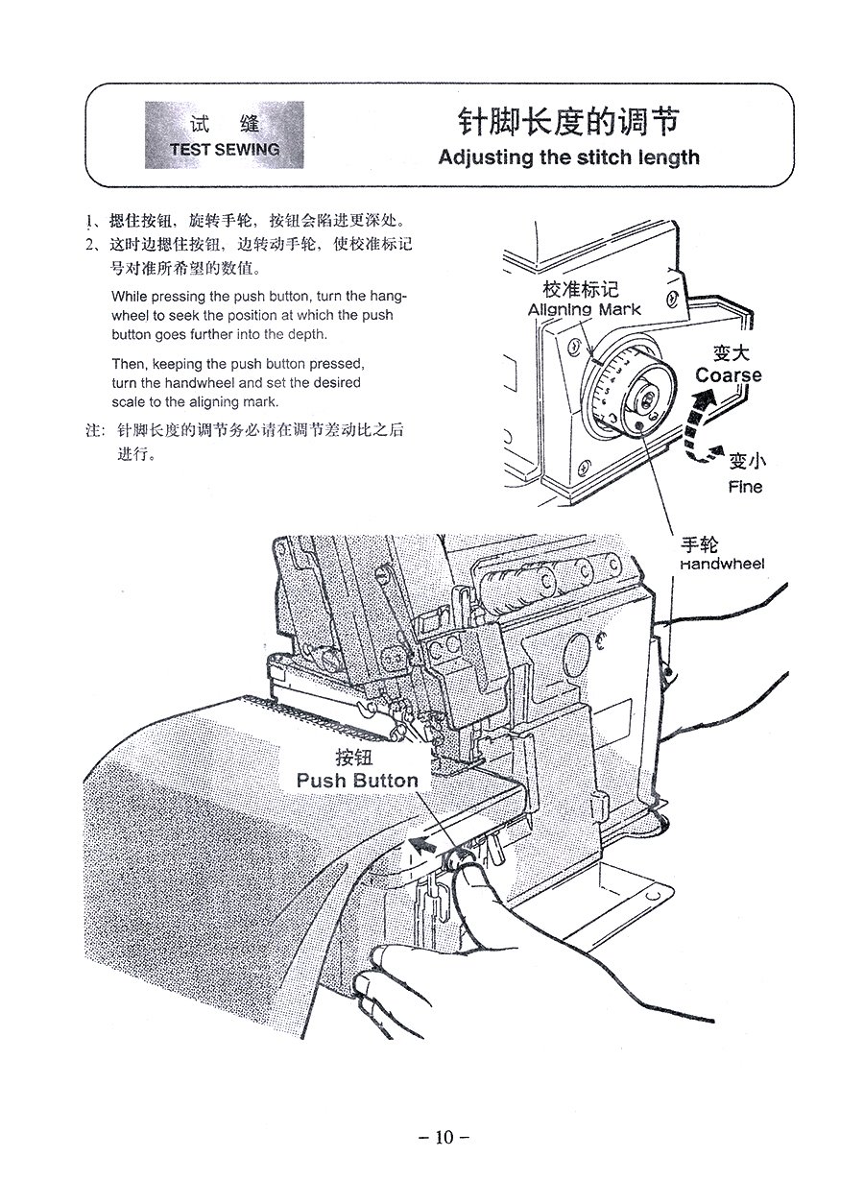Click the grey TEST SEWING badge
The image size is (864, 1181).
[224, 136]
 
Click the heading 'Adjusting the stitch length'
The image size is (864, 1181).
[568, 157]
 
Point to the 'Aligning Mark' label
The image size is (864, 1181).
[584, 309]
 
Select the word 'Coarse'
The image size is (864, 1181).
[729, 374]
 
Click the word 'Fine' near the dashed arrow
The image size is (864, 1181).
[745, 487]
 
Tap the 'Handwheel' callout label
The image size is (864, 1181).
[722, 564]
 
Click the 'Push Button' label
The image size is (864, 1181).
[357, 781]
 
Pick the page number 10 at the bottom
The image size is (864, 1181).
[443, 1138]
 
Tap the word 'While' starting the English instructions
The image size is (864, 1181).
[130, 296]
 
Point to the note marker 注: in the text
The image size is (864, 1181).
[95, 431]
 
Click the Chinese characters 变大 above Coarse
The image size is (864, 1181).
[731, 353]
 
